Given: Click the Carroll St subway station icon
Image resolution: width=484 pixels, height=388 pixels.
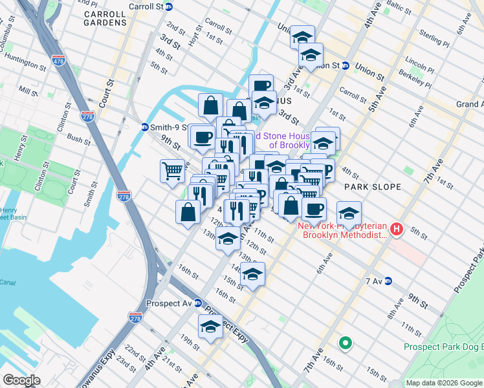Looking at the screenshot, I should [170, 6].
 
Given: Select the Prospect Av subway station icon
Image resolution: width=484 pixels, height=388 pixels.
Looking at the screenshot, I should [198, 303].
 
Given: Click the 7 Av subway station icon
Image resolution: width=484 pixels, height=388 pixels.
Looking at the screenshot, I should [388, 281].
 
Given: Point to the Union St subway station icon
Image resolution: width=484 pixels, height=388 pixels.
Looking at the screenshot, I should [346, 66].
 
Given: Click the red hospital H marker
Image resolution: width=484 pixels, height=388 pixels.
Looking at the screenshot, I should [397, 230].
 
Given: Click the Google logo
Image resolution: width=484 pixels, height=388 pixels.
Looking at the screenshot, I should [21, 380].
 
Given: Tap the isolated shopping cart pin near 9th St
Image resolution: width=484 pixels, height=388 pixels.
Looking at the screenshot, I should [172, 172].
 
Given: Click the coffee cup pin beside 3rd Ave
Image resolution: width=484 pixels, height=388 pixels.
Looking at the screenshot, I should [261, 86].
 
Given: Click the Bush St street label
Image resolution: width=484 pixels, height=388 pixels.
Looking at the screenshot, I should [78, 139].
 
